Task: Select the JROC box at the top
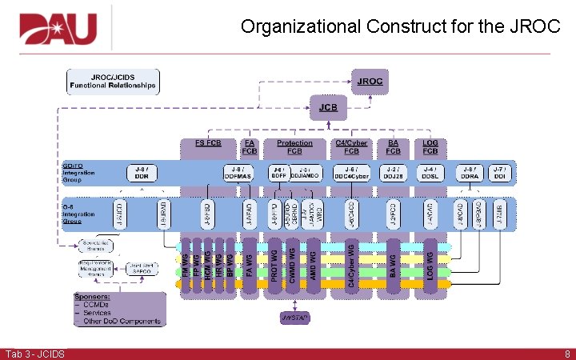click(370, 81)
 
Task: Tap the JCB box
click(328, 106)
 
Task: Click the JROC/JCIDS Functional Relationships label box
click(112, 81)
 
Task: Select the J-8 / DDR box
click(142, 172)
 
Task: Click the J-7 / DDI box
click(499, 172)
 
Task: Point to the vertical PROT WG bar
click(274, 265)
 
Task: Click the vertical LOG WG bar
click(430, 265)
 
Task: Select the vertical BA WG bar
click(393, 265)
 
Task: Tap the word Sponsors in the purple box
click(93, 297)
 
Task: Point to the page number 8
click(566, 354)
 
